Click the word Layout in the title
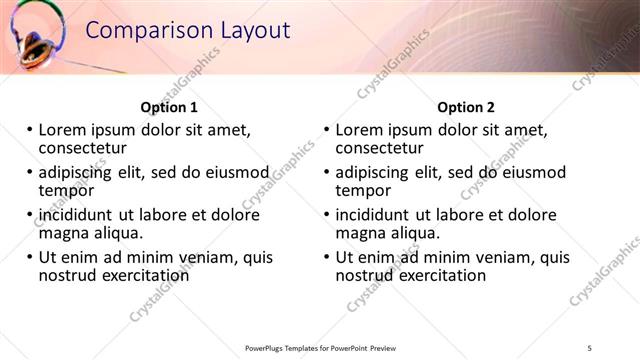pos(250,31)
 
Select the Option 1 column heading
pos(169,107)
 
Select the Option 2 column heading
pos(466,107)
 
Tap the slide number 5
pos(590,348)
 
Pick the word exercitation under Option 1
pos(140,275)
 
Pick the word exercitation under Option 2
pos(437,275)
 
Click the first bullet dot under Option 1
pos(29,130)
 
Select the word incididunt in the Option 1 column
pos(75,215)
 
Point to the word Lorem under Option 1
pos(64,130)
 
